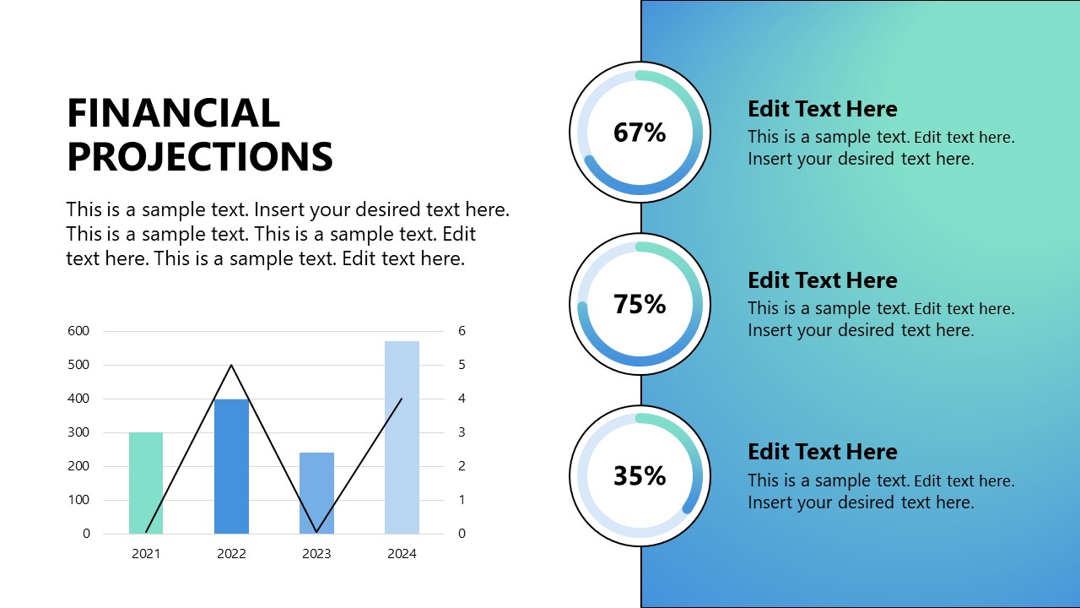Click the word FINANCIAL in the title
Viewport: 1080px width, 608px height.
pos(173,113)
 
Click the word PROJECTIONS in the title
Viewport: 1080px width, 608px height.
pos(200,157)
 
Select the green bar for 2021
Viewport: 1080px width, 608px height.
pos(146,483)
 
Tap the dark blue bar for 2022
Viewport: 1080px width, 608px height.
pos(231,466)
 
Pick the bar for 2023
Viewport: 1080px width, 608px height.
pos(316,493)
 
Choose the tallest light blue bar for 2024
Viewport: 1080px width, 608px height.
pos(402,437)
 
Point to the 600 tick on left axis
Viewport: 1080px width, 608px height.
pos(78,331)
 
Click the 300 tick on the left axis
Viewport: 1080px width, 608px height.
pos(78,432)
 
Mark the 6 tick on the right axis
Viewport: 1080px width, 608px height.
pos(462,331)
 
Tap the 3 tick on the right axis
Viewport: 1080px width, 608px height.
pos(462,432)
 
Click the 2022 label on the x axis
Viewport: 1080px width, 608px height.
pos(231,554)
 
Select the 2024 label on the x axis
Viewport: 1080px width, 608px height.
pos(402,554)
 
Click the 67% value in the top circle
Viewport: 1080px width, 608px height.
pos(640,133)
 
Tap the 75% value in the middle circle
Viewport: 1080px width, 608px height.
pos(640,304)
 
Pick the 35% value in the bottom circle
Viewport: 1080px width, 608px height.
pos(640,476)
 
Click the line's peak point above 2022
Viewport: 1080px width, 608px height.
pos(231,365)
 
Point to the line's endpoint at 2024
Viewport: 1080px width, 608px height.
pos(402,399)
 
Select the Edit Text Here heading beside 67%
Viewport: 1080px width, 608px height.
pos(822,109)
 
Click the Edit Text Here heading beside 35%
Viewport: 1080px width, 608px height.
pos(822,452)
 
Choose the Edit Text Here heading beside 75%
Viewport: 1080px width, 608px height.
pos(822,280)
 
